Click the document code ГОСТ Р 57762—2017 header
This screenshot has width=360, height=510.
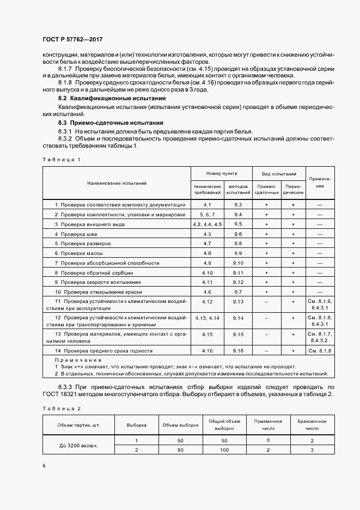coord(72,40)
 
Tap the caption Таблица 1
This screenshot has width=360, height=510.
coord(61,160)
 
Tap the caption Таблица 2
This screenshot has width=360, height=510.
coord(61,408)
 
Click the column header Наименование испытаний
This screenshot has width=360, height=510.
coord(117,184)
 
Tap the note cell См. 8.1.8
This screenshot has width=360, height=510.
coord(320,351)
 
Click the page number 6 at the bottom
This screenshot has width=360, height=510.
coord(44,466)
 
